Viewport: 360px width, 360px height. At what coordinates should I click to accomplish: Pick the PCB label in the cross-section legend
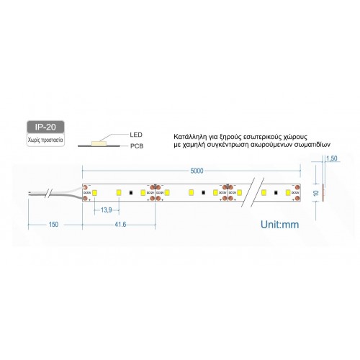[x=137, y=146]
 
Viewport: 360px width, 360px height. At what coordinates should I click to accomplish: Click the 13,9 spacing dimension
[x=106, y=209]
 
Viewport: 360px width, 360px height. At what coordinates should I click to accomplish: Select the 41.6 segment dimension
[x=120, y=225]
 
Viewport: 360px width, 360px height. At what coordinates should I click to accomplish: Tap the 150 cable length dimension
[x=53, y=225]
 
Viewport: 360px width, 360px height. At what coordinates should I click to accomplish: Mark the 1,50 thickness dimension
[x=332, y=159]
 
